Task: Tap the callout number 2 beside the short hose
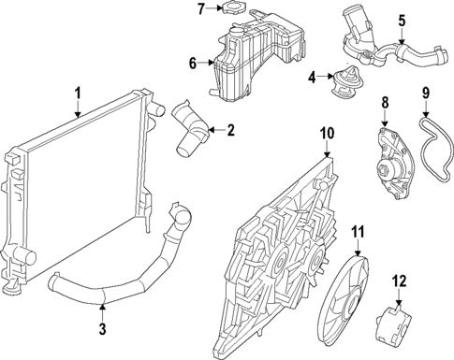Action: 230,130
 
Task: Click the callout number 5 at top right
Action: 402,18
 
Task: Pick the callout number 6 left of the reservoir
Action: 192,64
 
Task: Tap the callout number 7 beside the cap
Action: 199,9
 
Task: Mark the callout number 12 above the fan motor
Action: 400,279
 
